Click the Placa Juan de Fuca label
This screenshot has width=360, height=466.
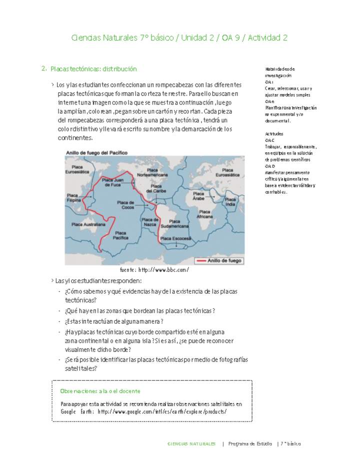click(x=112, y=182)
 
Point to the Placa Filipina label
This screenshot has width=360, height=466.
click(x=74, y=197)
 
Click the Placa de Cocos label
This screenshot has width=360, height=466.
click(x=125, y=204)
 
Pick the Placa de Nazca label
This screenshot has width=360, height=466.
click(x=150, y=222)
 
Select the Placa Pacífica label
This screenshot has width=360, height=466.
click(x=120, y=235)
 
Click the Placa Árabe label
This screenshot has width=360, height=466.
click(x=198, y=195)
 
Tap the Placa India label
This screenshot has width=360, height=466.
click(x=230, y=201)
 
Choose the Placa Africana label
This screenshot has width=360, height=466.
click(x=204, y=214)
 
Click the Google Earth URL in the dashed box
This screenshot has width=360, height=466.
click(x=162, y=411)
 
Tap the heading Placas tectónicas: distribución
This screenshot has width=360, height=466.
click(x=93, y=68)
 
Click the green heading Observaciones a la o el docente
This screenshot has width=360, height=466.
click(x=100, y=391)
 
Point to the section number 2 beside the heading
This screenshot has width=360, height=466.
click(x=44, y=68)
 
